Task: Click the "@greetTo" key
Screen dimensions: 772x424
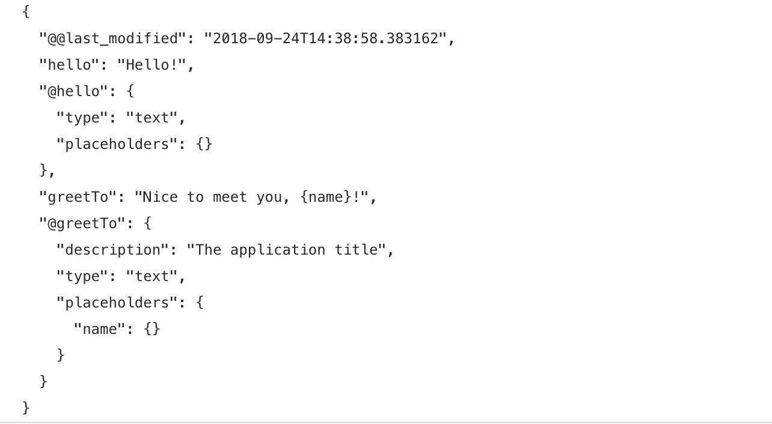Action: coord(83,223)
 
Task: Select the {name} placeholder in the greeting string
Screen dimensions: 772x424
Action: coord(325,197)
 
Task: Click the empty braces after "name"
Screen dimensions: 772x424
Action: coord(152,329)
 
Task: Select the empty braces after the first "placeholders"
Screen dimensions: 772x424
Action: coord(204,145)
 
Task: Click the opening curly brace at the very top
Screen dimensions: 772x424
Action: coord(26,12)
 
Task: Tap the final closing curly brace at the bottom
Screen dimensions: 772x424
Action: coord(26,408)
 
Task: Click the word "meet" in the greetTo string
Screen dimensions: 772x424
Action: coord(230,197)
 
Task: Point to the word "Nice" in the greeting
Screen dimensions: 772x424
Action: coord(161,197)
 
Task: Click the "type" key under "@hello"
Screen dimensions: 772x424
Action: coord(82,118)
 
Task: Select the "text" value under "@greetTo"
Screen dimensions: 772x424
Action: coord(152,276)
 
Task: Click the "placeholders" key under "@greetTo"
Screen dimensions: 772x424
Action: coord(117,303)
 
